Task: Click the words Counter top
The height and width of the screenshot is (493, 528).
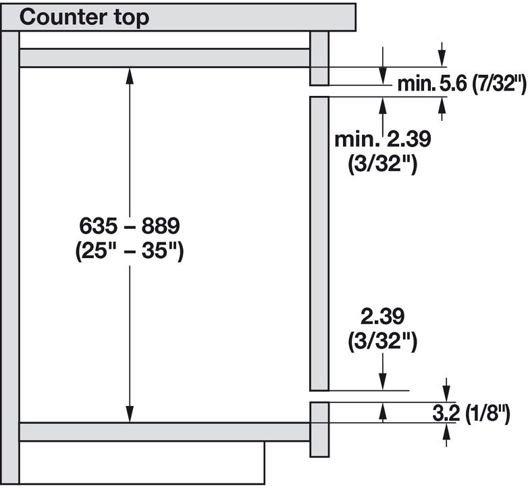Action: click(84, 17)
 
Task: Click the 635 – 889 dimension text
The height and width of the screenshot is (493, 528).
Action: click(129, 224)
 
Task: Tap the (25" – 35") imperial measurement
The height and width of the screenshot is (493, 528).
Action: click(129, 251)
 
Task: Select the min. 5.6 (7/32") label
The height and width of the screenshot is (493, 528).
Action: click(460, 84)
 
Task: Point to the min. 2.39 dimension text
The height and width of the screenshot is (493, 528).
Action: click(383, 140)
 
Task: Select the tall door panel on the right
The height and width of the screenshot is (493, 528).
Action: click(319, 243)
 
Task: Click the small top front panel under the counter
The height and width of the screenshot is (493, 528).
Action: click(319, 58)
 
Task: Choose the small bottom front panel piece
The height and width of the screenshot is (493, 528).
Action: click(319, 429)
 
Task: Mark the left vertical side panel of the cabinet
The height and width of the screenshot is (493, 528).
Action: click(10, 257)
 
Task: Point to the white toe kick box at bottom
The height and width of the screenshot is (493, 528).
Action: click(141, 463)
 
